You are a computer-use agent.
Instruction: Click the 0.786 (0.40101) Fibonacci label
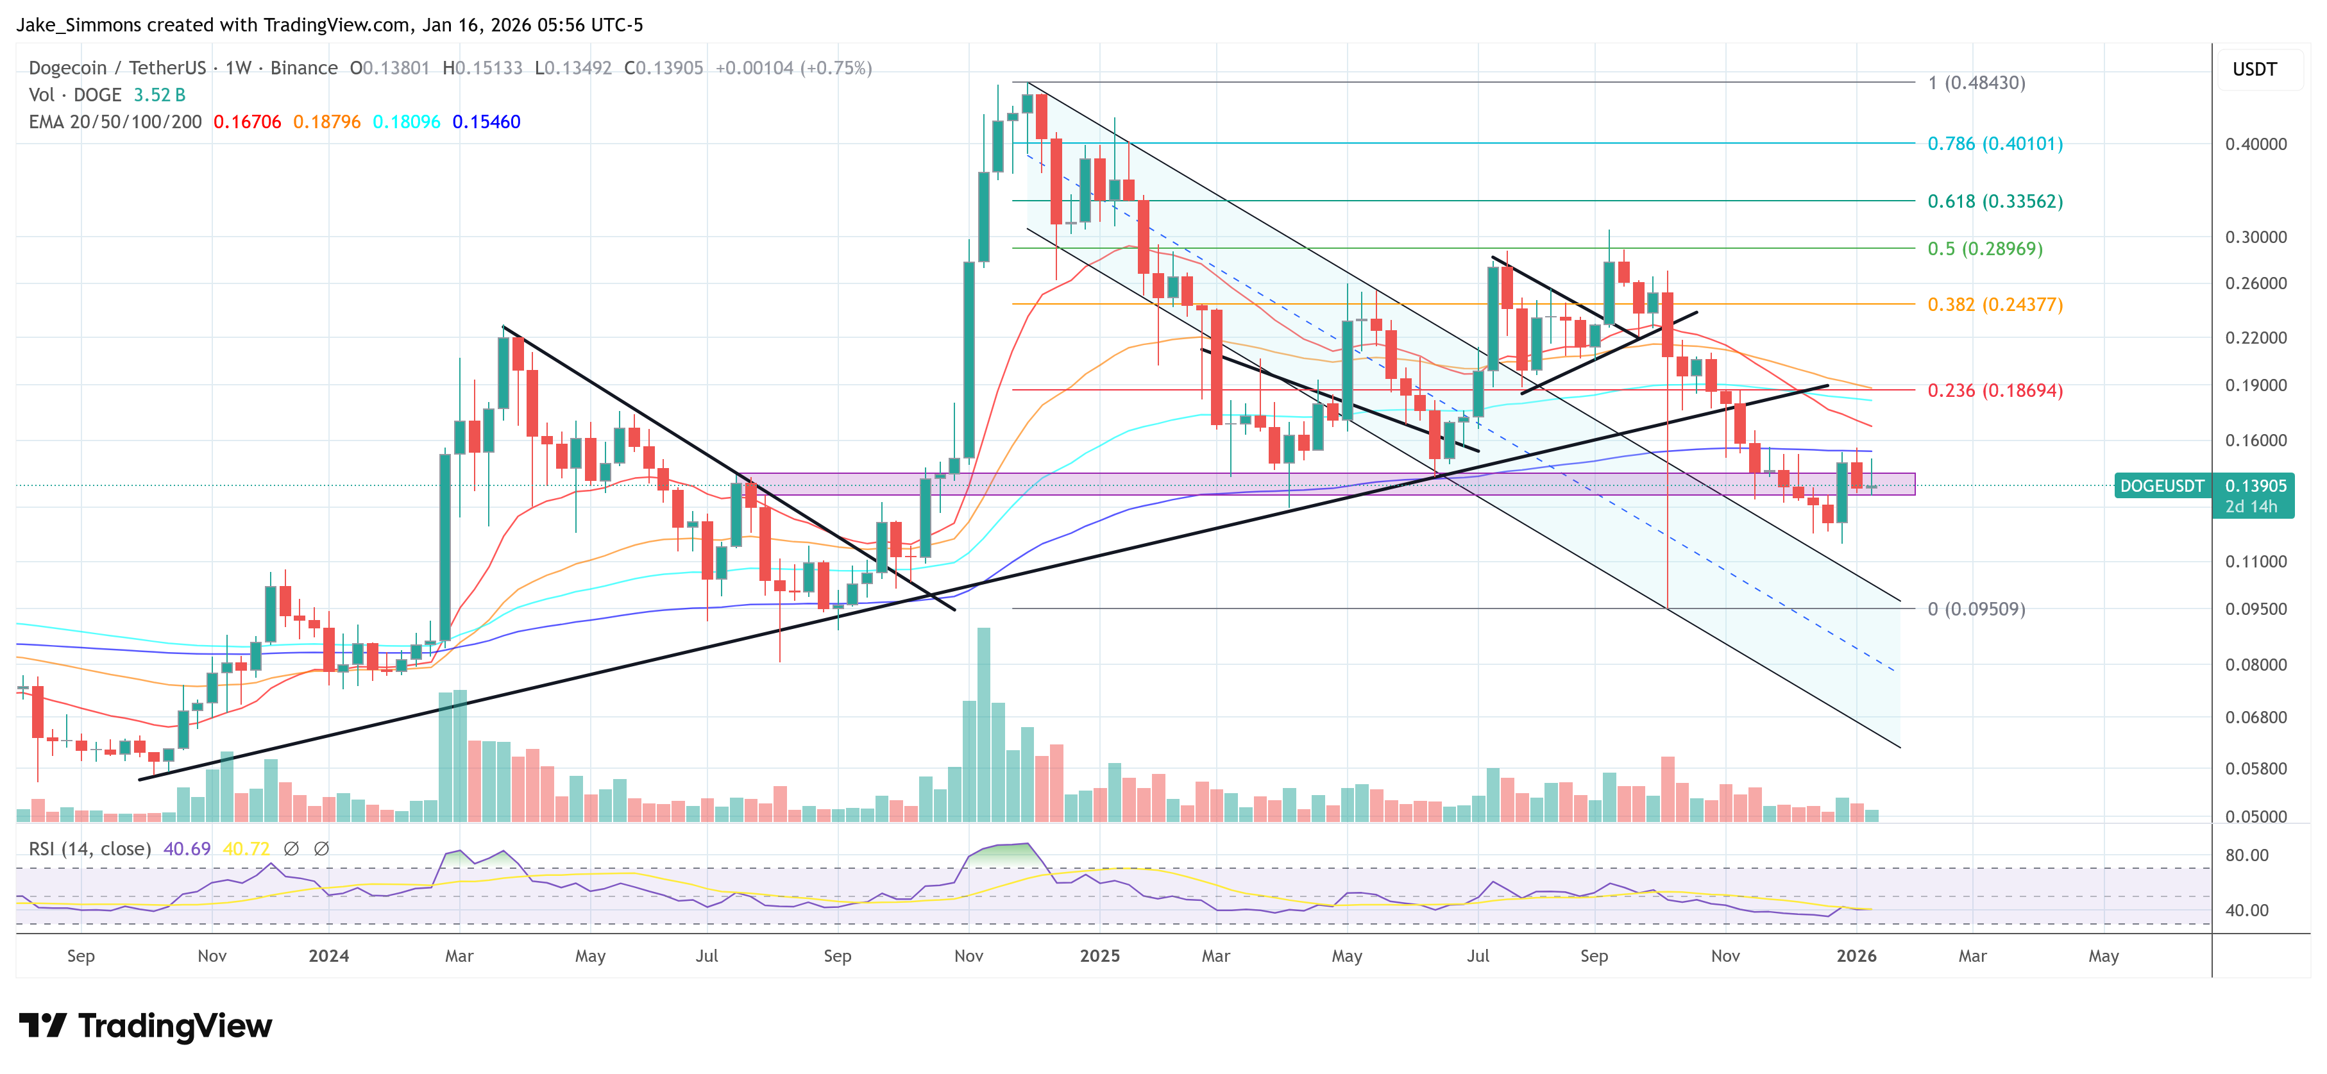tap(1995, 144)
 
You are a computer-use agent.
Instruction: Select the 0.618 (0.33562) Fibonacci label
tap(1995, 201)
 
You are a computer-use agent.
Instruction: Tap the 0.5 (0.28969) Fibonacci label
tap(1984, 248)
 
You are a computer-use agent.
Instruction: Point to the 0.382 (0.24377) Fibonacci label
tap(1995, 305)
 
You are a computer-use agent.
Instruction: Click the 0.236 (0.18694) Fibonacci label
tap(1995, 391)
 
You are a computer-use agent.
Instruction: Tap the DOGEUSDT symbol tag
tap(2162, 486)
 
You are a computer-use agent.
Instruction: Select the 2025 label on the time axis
tap(1099, 955)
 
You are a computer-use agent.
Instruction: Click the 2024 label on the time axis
tap(328, 955)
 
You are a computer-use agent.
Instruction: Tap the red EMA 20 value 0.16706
tap(246, 122)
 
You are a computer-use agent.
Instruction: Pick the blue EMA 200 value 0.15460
tap(486, 122)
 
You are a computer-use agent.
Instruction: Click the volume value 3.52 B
tap(159, 95)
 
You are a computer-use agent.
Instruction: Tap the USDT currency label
tap(2254, 69)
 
